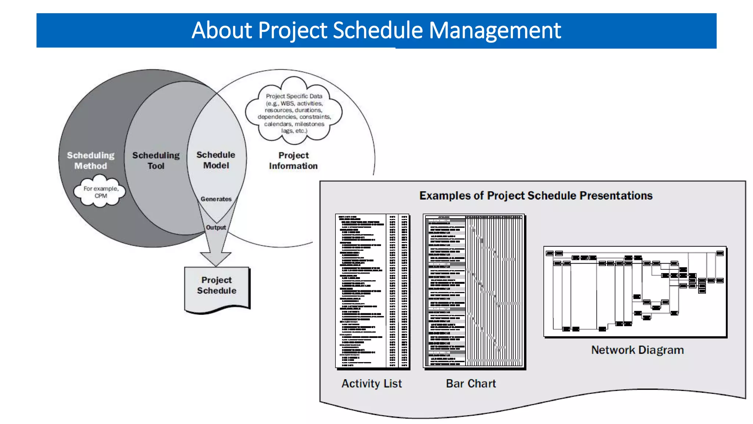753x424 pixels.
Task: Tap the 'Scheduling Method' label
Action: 90,160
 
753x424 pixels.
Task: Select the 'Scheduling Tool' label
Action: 156,160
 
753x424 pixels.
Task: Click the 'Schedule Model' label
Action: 216,160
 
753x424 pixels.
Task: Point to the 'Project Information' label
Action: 293,160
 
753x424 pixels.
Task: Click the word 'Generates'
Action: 216,199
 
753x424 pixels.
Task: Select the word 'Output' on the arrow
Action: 216,227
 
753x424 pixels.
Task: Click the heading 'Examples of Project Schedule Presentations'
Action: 536,195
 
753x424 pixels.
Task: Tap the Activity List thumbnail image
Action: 372,291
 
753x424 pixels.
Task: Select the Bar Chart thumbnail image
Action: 474,291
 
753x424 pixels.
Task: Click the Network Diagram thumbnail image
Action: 635,291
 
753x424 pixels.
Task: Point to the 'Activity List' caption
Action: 372,384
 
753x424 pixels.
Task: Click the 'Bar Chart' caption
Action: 471,384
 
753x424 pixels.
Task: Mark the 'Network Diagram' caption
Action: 637,350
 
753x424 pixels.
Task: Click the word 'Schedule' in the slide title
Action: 378,30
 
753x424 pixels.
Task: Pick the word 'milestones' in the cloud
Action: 310,124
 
